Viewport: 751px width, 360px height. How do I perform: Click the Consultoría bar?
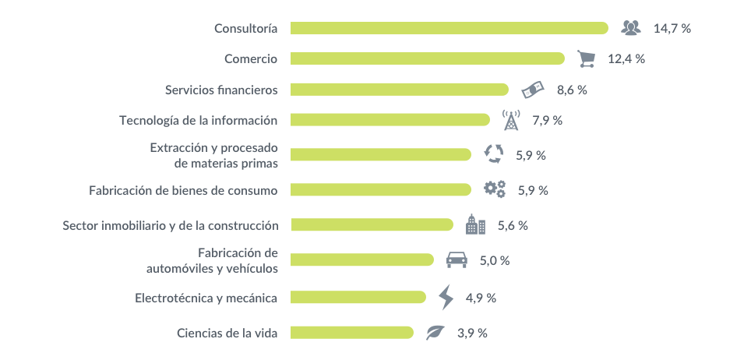tap(450, 28)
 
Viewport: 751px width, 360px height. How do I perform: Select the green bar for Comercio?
tap(428, 59)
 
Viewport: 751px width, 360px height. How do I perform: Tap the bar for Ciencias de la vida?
tap(352, 333)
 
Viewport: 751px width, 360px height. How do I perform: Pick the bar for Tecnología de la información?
tap(390, 120)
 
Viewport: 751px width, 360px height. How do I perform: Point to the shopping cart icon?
tap(587, 59)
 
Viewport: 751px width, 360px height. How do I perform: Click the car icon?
tap(457, 259)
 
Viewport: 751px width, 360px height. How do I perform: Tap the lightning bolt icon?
tap(446, 297)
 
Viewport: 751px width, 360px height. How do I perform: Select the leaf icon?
tap(435, 332)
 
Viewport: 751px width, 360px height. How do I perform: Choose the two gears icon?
tap(494, 189)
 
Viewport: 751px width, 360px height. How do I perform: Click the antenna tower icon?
tap(511, 120)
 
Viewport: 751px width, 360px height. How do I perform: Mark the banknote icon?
tap(533, 90)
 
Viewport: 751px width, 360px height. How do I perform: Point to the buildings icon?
tap(475, 224)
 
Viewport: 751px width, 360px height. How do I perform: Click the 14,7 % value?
tap(672, 28)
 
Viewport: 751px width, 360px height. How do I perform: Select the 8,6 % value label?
tap(572, 90)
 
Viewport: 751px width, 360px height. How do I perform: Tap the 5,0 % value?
tap(495, 260)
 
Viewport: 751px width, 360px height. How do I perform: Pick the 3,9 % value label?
tap(472, 334)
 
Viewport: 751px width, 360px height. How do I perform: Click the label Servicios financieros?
tap(221, 90)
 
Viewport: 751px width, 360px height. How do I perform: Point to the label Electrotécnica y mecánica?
tap(206, 298)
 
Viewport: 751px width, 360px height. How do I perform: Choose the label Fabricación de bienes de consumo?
tap(183, 190)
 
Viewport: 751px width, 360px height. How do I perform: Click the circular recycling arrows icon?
tap(494, 154)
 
